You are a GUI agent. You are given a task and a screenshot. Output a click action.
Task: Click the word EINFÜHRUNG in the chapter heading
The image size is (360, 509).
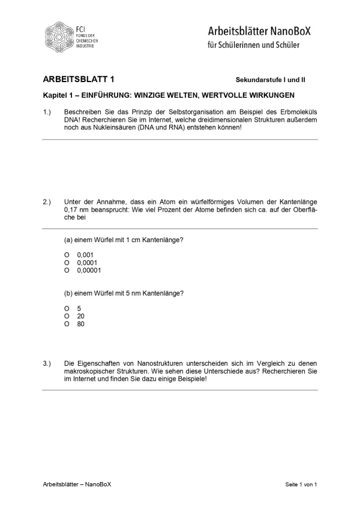tap(106, 95)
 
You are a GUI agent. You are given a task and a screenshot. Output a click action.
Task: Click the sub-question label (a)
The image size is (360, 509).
tap(68, 240)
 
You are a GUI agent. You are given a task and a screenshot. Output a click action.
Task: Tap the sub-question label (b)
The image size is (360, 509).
tap(68, 293)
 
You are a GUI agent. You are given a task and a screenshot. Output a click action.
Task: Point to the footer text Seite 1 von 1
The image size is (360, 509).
tap(301, 484)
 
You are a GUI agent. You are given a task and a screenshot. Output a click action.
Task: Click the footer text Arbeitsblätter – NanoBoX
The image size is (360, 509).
tap(77, 484)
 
